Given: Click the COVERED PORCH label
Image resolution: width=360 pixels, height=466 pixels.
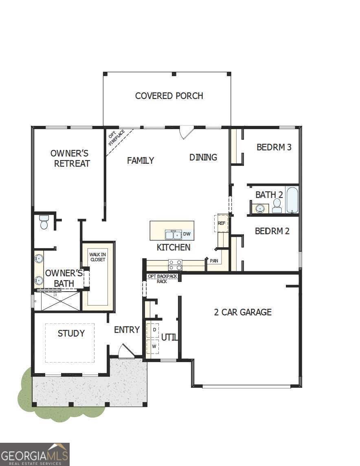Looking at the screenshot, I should pos(169,96).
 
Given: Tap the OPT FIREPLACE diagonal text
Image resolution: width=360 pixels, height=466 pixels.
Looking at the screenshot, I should pos(116,138).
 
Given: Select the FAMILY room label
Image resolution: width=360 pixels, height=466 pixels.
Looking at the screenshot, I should pos(140,160).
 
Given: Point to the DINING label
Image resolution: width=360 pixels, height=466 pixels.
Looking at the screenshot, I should pos(203,157).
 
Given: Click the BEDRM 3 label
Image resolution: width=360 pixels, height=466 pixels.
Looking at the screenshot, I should pos(274,147).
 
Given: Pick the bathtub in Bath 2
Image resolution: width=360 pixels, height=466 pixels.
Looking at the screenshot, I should pos(292,200).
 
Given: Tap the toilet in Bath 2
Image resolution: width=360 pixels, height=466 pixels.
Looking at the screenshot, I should pos(277,206).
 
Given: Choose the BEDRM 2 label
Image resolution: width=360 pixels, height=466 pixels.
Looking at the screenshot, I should pos(272,231).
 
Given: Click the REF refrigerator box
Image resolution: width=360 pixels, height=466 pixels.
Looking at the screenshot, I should pos(221,223).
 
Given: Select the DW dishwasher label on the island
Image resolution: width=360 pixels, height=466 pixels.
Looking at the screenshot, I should pos(187,234).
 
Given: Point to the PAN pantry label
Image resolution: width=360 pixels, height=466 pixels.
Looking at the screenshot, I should pos(214,260).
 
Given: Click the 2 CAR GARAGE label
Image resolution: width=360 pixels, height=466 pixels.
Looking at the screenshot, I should pos(243,312).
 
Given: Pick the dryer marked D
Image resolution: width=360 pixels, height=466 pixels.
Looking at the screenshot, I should pos(154,329).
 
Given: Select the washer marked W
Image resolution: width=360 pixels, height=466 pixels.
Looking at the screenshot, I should pos(154,346).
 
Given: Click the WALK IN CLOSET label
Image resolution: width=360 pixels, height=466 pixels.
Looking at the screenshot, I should pos(97,257).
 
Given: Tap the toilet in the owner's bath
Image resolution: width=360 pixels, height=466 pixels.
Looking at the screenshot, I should pos(44,222).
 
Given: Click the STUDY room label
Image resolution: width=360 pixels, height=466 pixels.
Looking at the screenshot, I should pos(71,333).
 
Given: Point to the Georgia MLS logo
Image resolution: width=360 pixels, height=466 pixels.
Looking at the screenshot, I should pos(35,454).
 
